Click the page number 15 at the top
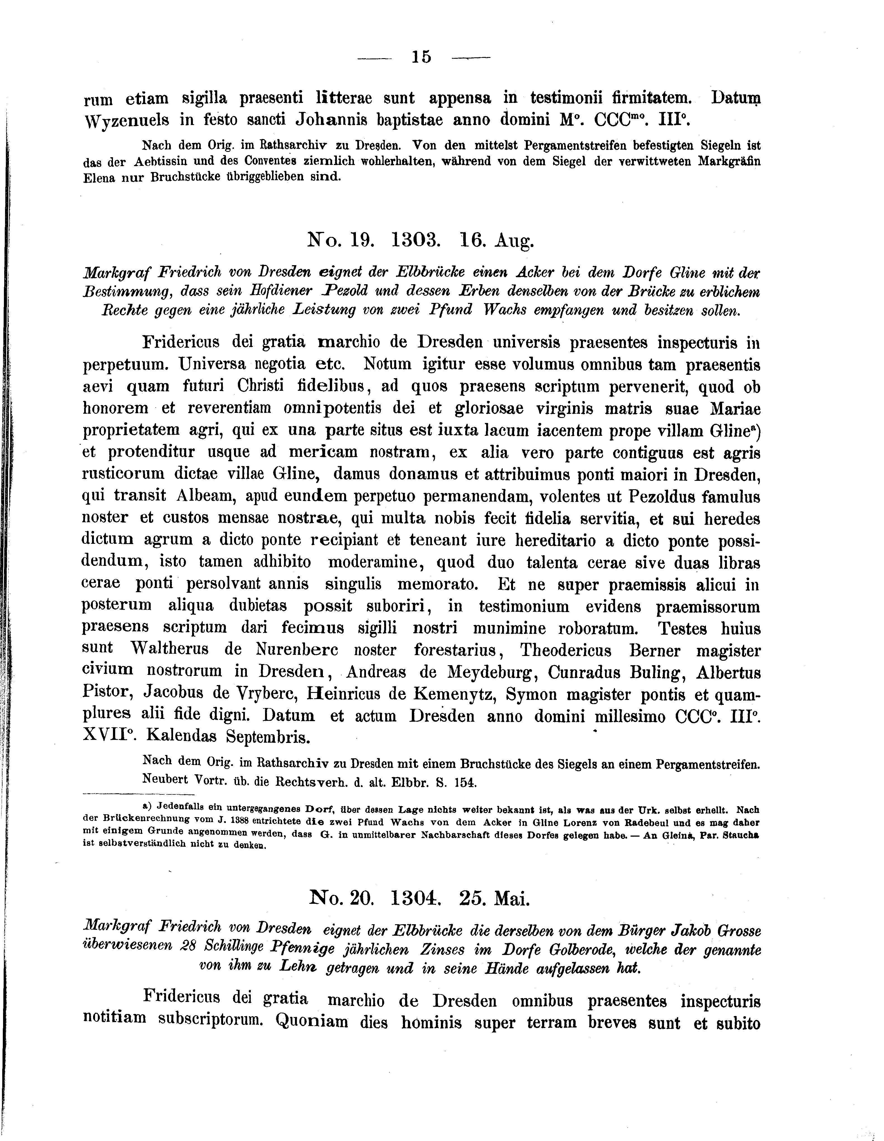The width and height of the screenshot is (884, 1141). point(421,57)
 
